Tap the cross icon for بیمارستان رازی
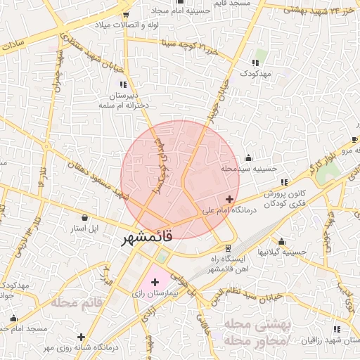[x=155, y=282]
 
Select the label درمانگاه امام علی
[x=209, y=210]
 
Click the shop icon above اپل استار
[x=85, y=217]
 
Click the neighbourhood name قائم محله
[x=77, y=302]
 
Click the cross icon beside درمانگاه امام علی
[x=230, y=200]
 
